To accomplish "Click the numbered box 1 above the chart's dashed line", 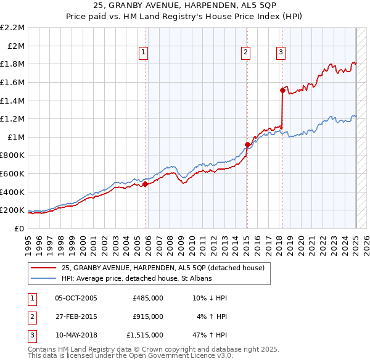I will (x=143, y=52).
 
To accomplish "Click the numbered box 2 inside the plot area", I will (x=245, y=52).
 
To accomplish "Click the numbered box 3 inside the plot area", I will (x=281, y=52).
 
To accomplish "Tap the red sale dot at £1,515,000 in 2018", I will (x=282, y=90).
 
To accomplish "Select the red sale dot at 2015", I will (x=247, y=145).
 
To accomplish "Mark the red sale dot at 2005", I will (x=145, y=184).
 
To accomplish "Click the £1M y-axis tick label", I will (x=16, y=137).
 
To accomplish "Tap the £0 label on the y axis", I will (x=20, y=228).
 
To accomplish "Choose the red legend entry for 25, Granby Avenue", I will (x=163, y=268).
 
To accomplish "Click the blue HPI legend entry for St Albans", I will (x=136, y=279).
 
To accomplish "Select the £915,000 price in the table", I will (x=148, y=316).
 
